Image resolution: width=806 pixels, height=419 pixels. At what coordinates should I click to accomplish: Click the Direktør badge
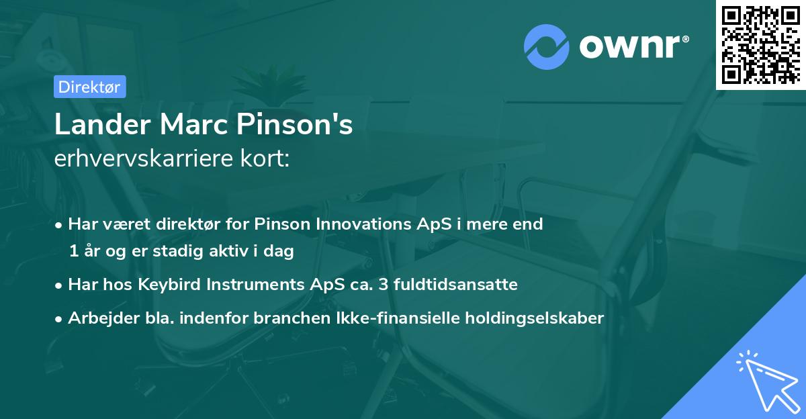(x=89, y=87)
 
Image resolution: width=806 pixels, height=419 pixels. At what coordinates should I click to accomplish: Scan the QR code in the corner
(x=760, y=44)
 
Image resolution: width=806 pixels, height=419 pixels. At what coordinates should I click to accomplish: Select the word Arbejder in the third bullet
(x=98, y=318)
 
